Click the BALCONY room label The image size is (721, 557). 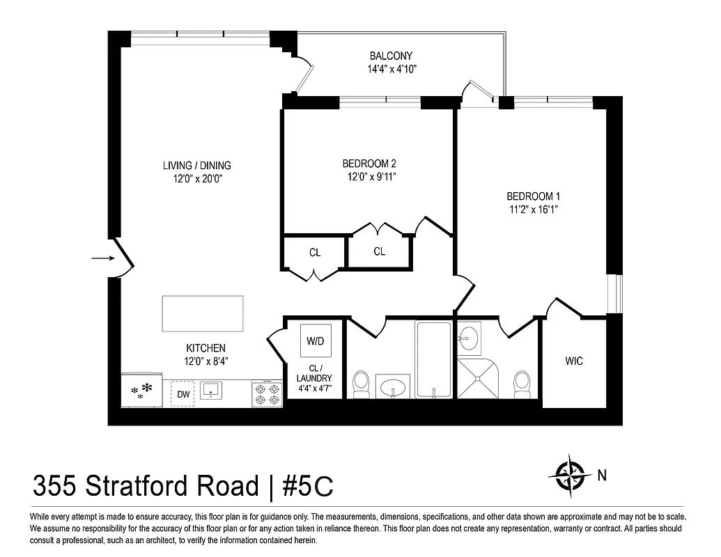pos(391,56)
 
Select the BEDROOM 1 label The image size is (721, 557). pos(533,196)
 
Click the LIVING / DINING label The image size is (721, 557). pos(196,166)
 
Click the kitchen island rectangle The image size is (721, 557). pos(203,313)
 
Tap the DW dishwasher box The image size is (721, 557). pos(183,394)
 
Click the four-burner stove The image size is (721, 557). pos(267,393)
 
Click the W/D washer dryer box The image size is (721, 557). pos(315,341)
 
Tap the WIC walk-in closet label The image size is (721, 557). pos(574,361)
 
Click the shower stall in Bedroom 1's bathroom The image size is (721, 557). pos(479,378)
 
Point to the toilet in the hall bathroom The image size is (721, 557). pos(361,384)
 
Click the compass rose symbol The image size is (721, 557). pos(571,476)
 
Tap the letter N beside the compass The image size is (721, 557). pos(602,476)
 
